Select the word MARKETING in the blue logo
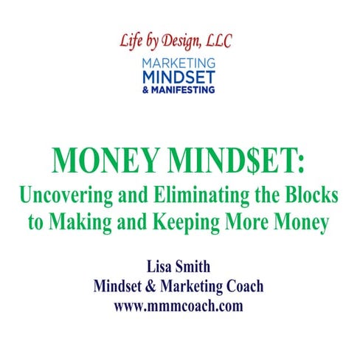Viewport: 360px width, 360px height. coord(179,63)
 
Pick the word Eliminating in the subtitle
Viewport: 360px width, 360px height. coord(204,197)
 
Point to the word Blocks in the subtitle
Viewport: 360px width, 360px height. coord(311,197)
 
